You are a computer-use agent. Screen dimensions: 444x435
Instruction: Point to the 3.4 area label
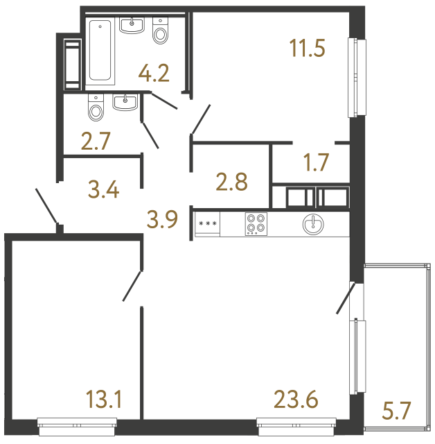pyautogui.click(x=104, y=188)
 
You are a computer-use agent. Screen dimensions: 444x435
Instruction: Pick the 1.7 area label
pyautogui.click(x=315, y=164)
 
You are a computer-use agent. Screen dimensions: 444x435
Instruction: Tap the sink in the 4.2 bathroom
pyautogui.click(x=131, y=27)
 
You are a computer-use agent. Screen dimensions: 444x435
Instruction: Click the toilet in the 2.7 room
pyautogui.click(x=96, y=107)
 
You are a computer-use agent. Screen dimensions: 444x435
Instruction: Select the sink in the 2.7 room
pyautogui.click(x=125, y=103)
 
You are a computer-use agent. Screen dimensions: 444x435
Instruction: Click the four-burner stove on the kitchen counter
pyautogui.click(x=256, y=224)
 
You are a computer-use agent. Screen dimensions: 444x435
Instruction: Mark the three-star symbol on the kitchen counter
pyautogui.click(x=206, y=224)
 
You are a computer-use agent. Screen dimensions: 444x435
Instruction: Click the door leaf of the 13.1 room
pyautogui.click(x=132, y=286)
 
